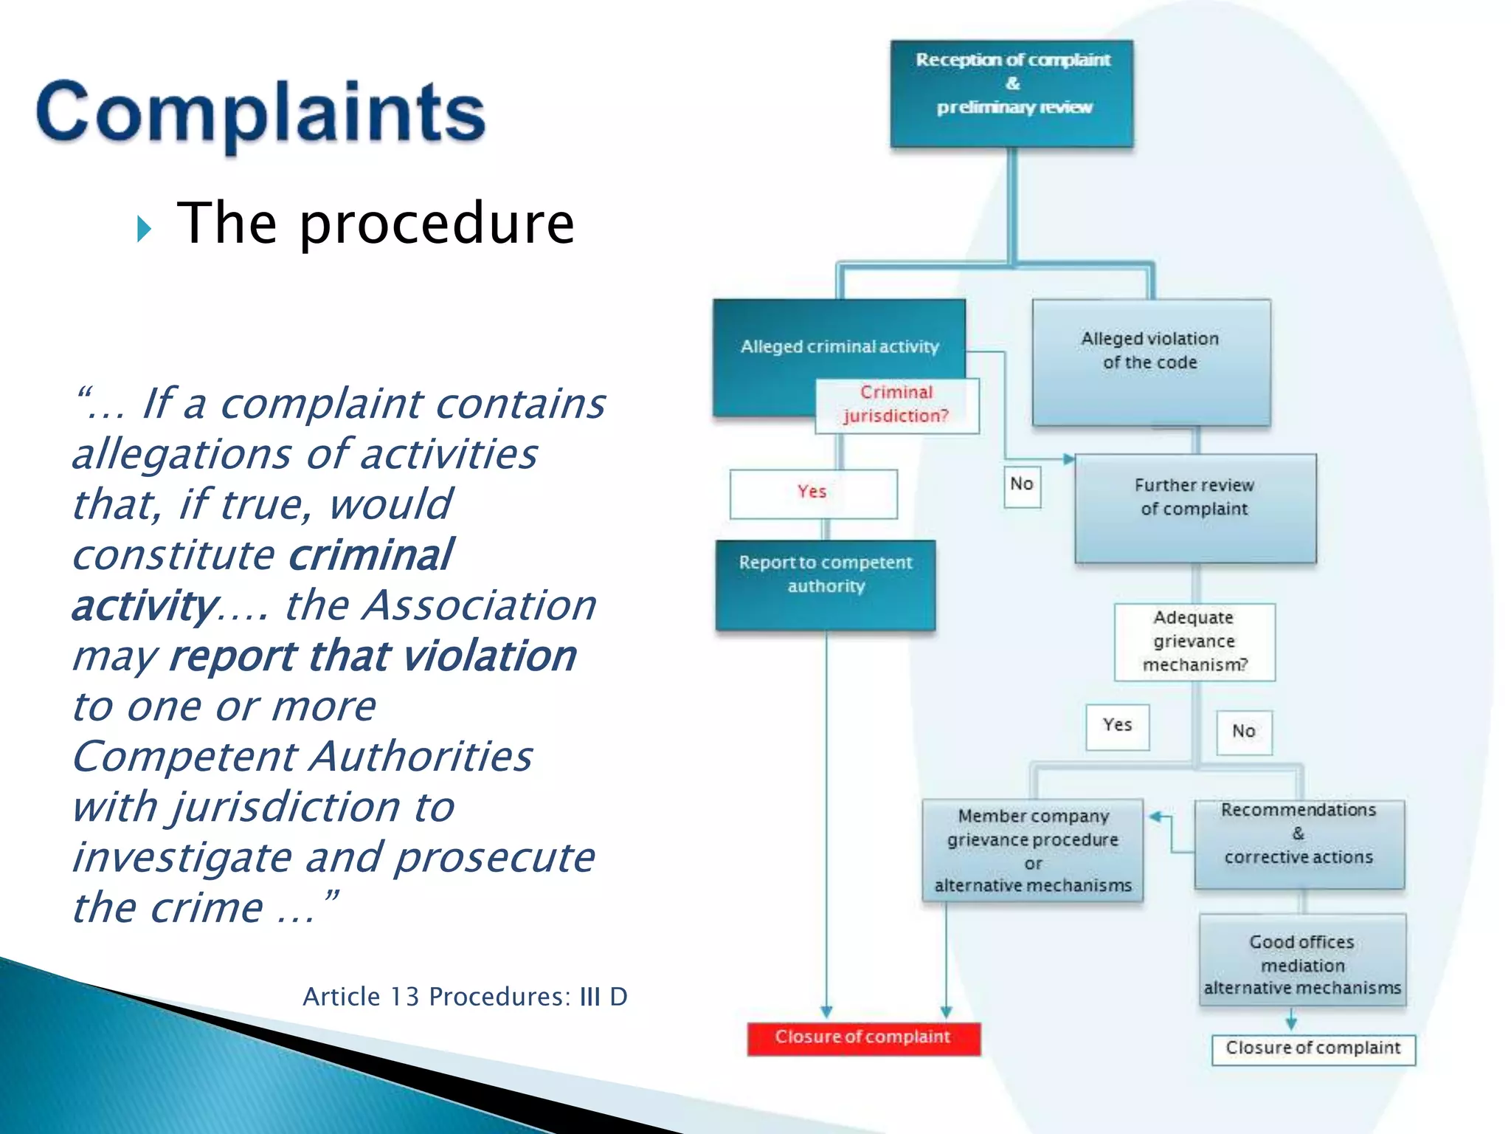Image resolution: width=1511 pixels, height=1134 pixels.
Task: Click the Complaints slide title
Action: tap(260, 113)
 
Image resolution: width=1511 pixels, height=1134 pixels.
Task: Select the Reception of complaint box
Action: tap(1012, 93)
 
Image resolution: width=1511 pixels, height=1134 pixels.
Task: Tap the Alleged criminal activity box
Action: tap(839, 346)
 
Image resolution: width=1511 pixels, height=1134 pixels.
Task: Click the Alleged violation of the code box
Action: tap(1150, 361)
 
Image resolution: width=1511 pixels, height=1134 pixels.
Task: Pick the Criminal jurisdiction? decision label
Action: tap(896, 405)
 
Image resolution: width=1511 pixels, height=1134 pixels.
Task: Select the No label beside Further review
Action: tap(1022, 485)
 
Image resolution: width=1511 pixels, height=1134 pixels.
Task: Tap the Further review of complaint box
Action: tap(1194, 508)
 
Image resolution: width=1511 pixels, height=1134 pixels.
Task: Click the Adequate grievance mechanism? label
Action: tap(1194, 641)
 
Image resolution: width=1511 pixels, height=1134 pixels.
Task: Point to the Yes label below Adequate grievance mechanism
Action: tap(1117, 726)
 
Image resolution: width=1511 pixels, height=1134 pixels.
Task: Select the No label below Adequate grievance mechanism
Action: tap(1243, 732)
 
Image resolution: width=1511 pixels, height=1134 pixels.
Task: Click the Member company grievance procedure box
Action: tap(1032, 850)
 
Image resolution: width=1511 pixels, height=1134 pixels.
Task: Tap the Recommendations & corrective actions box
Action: tap(1299, 844)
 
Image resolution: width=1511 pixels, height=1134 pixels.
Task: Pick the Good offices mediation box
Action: tap(1302, 960)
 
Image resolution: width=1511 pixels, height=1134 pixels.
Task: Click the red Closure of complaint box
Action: tap(863, 1038)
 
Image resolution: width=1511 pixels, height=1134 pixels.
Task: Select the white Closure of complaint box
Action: tap(1313, 1049)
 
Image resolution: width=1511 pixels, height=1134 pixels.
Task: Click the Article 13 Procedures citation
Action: tap(465, 997)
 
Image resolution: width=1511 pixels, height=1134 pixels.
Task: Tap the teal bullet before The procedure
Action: tap(144, 230)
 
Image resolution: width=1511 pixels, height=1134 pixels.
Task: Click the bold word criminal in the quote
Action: tap(370, 555)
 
